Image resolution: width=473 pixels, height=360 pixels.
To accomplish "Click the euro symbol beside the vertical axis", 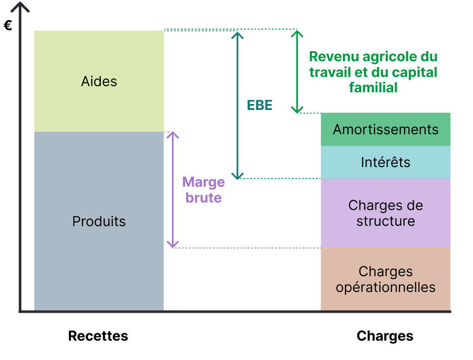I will point(8,25).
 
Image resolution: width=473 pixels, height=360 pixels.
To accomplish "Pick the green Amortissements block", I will point(385,129).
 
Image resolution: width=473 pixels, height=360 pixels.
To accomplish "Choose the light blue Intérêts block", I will point(385,162).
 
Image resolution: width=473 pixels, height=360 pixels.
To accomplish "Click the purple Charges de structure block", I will point(385,213).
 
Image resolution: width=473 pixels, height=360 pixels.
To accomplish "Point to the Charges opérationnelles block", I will point(385,279).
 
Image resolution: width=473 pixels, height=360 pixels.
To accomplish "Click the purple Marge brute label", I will point(203,190).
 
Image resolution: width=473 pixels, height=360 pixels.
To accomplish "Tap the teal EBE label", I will point(260,105).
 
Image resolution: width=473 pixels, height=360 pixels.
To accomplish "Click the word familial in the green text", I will point(373,88).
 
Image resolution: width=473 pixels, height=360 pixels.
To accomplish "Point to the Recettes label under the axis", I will point(98,336).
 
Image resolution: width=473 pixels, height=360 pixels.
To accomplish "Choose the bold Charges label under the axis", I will point(385,336).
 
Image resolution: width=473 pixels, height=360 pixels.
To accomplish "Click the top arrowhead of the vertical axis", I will point(20,6).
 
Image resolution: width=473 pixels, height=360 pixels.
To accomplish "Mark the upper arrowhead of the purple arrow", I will point(172,135).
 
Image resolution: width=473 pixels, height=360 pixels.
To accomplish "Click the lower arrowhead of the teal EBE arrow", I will point(237,176).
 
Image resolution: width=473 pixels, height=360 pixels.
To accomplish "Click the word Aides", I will point(99,81).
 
